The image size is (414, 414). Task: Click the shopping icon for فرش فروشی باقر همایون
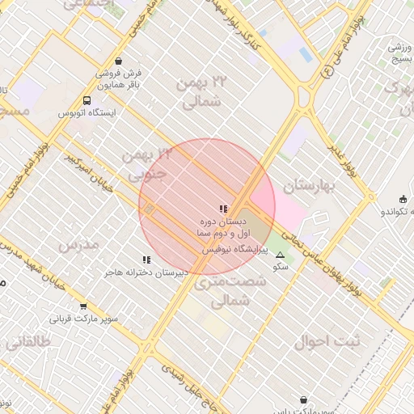click(120, 61)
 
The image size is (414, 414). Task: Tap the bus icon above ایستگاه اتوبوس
click(87, 100)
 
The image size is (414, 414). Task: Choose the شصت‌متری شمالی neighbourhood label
click(220, 291)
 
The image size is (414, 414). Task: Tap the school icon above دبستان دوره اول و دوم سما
click(223, 209)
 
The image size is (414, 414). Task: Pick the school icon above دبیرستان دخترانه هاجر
click(146, 260)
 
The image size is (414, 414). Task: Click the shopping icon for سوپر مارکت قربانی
click(84, 306)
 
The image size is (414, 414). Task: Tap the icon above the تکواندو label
click(403, 199)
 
